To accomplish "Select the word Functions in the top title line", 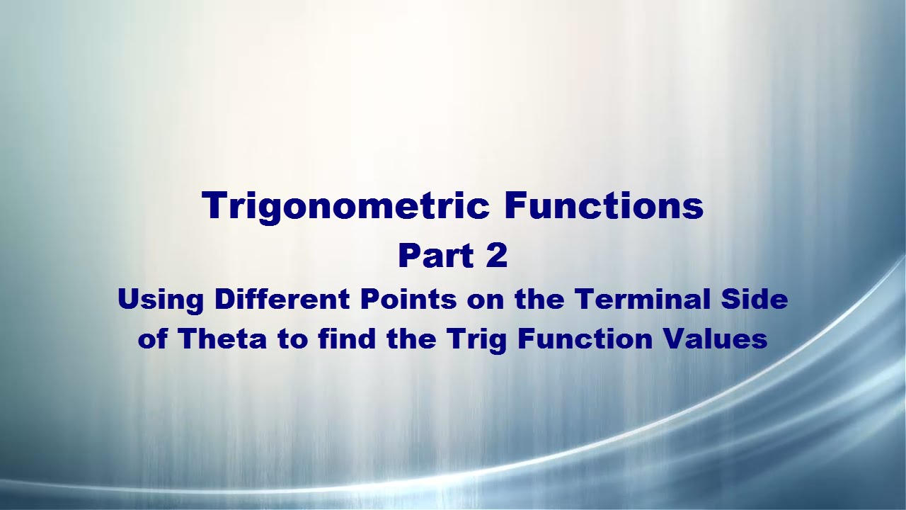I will (x=604, y=205).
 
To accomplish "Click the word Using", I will (x=161, y=300).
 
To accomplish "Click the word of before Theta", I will (x=153, y=339).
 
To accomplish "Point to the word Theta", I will (x=222, y=339).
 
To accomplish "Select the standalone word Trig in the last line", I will (x=478, y=339).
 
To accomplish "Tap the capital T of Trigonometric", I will (x=213, y=205).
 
